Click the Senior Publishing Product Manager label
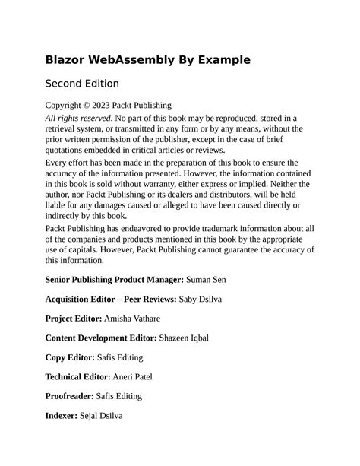point(114,280)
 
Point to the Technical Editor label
point(78,377)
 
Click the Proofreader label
point(70,396)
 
